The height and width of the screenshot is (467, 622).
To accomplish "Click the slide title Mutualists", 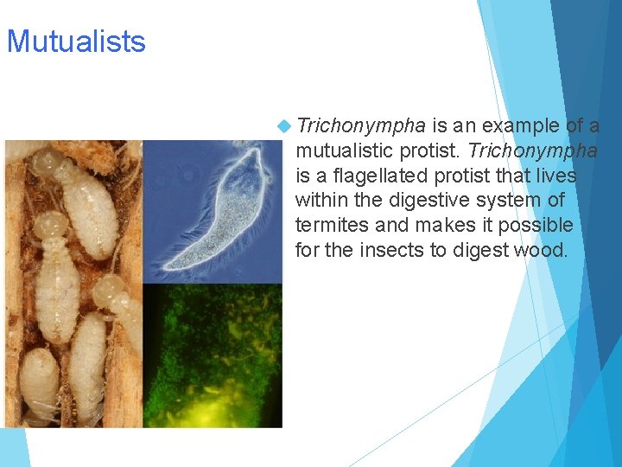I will tap(76, 42).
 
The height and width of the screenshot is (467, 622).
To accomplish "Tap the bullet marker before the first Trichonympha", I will tap(285, 126).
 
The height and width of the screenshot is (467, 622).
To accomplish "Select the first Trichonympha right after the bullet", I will tap(360, 126).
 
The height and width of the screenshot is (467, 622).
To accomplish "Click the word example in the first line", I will tap(520, 126).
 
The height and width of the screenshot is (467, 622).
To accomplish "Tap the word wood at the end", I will tap(544, 251).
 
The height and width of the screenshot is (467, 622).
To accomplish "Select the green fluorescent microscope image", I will tap(212, 355).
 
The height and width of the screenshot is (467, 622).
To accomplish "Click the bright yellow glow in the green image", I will tap(212, 406).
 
